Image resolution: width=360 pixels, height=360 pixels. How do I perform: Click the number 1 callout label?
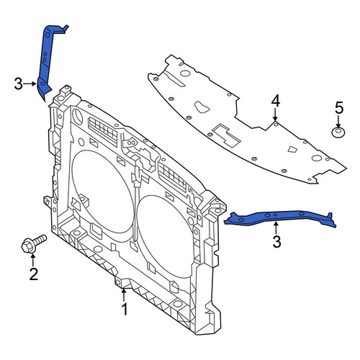tap(125, 309)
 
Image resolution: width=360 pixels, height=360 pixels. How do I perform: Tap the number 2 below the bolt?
tap(34, 274)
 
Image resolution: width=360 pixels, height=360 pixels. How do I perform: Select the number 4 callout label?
tap(275, 101)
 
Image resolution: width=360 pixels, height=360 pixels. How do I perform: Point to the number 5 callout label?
tap(339, 108)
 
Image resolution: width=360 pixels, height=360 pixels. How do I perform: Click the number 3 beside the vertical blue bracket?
tap(18, 84)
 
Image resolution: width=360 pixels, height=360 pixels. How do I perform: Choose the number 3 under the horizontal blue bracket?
tap(276, 241)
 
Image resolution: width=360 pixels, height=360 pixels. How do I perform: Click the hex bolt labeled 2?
tap(33, 243)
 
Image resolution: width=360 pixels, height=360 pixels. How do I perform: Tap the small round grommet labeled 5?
tap(338, 132)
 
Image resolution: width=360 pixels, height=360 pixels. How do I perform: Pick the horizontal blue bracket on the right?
tap(279, 217)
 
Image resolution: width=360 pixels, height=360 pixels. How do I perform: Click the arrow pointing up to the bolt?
tap(33, 261)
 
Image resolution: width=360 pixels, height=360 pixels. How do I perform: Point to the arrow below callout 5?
tap(338, 122)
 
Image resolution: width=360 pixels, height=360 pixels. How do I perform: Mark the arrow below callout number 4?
tap(275, 114)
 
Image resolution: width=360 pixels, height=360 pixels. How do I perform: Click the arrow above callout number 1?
tap(124, 295)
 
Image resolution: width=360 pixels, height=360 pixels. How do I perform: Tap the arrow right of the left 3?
tap(30, 84)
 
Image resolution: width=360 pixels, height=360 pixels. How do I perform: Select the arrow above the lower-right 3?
tap(276, 228)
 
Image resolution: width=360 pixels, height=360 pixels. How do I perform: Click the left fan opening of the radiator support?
tap(102, 192)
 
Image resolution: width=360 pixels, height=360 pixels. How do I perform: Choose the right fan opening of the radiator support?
tap(166, 236)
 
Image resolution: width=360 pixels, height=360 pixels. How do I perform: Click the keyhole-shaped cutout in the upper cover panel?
tap(202, 107)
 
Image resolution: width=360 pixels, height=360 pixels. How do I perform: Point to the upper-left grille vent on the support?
tap(103, 132)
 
